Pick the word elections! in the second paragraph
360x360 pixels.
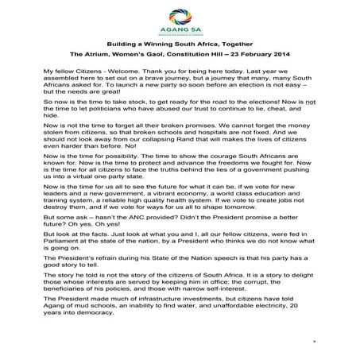[x=242, y=103]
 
